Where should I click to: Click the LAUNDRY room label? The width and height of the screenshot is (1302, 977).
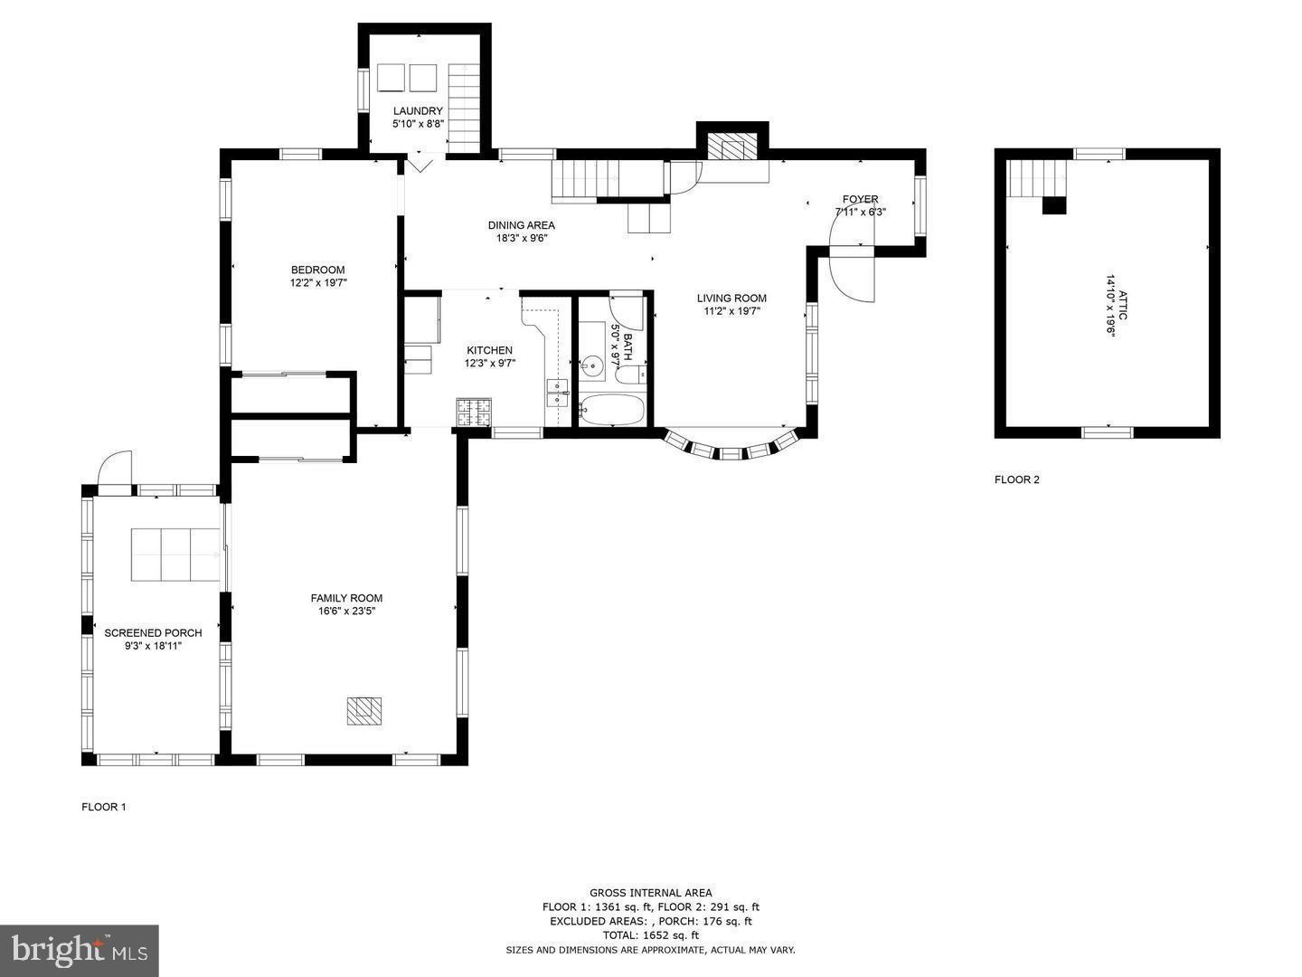click(418, 111)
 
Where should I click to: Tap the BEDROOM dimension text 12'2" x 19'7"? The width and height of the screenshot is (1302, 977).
click(317, 283)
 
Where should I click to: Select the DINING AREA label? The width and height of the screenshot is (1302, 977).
click(522, 225)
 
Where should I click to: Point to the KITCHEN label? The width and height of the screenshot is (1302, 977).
click(489, 350)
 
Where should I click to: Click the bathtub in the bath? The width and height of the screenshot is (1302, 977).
click(612, 410)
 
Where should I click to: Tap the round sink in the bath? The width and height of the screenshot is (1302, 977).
click(592, 366)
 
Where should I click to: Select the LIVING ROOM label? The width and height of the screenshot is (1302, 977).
click(731, 298)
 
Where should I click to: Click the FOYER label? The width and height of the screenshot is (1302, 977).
click(860, 199)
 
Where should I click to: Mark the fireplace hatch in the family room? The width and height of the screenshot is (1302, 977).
click(366, 711)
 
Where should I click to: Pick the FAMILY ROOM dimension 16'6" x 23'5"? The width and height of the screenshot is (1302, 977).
click(346, 612)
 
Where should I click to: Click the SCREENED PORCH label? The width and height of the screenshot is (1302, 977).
click(153, 632)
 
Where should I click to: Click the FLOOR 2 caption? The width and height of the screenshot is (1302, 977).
click(1016, 479)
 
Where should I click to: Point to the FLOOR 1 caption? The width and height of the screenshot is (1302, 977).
click(104, 807)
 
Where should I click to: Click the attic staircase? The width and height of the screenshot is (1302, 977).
click(1038, 177)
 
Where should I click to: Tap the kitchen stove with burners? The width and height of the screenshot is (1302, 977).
click(474, 413)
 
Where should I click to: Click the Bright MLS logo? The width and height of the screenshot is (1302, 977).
click(79, 950)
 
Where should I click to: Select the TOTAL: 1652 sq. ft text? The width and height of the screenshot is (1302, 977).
click(650, 935)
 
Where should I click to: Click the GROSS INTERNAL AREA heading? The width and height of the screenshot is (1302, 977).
click(650, 893)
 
